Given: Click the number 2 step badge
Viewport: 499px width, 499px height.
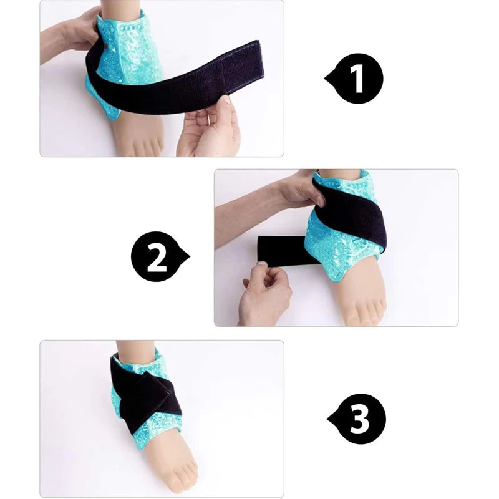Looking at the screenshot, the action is (x=160, y=256).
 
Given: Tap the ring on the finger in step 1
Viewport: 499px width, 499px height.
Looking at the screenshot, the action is (x=208, y=119).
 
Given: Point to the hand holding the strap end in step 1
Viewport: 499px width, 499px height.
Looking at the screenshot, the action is (x=208, y=127).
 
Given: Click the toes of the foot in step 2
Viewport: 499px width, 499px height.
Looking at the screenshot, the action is (x=366, y=317).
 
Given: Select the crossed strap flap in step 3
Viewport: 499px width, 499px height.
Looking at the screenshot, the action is (x=147, y=402).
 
